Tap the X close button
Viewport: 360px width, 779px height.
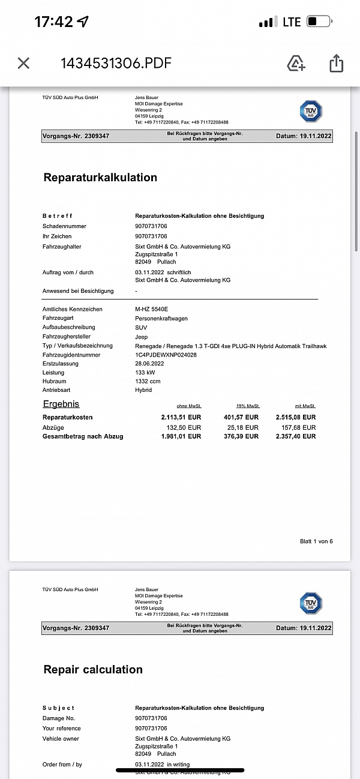tap(23, 63)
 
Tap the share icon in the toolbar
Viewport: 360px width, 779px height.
tap(336, 63)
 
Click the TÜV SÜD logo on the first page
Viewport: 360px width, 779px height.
tap(311, 112)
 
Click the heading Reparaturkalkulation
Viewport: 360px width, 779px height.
tap(100, 178)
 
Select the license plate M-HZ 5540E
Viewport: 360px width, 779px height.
tap(152, 309)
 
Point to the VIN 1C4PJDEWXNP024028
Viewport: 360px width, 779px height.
tap(166, 355)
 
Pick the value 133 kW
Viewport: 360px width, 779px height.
tap(146, 373)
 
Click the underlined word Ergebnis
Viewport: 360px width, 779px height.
tap(61, 404)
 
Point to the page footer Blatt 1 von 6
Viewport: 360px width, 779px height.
tap(316, 541)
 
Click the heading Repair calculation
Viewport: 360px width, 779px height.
tap(93, 670)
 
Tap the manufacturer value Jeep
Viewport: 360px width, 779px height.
tap(142, 337)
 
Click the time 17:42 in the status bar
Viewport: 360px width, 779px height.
tap(53, 22)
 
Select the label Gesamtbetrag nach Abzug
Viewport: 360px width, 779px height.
tap(83, 436)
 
